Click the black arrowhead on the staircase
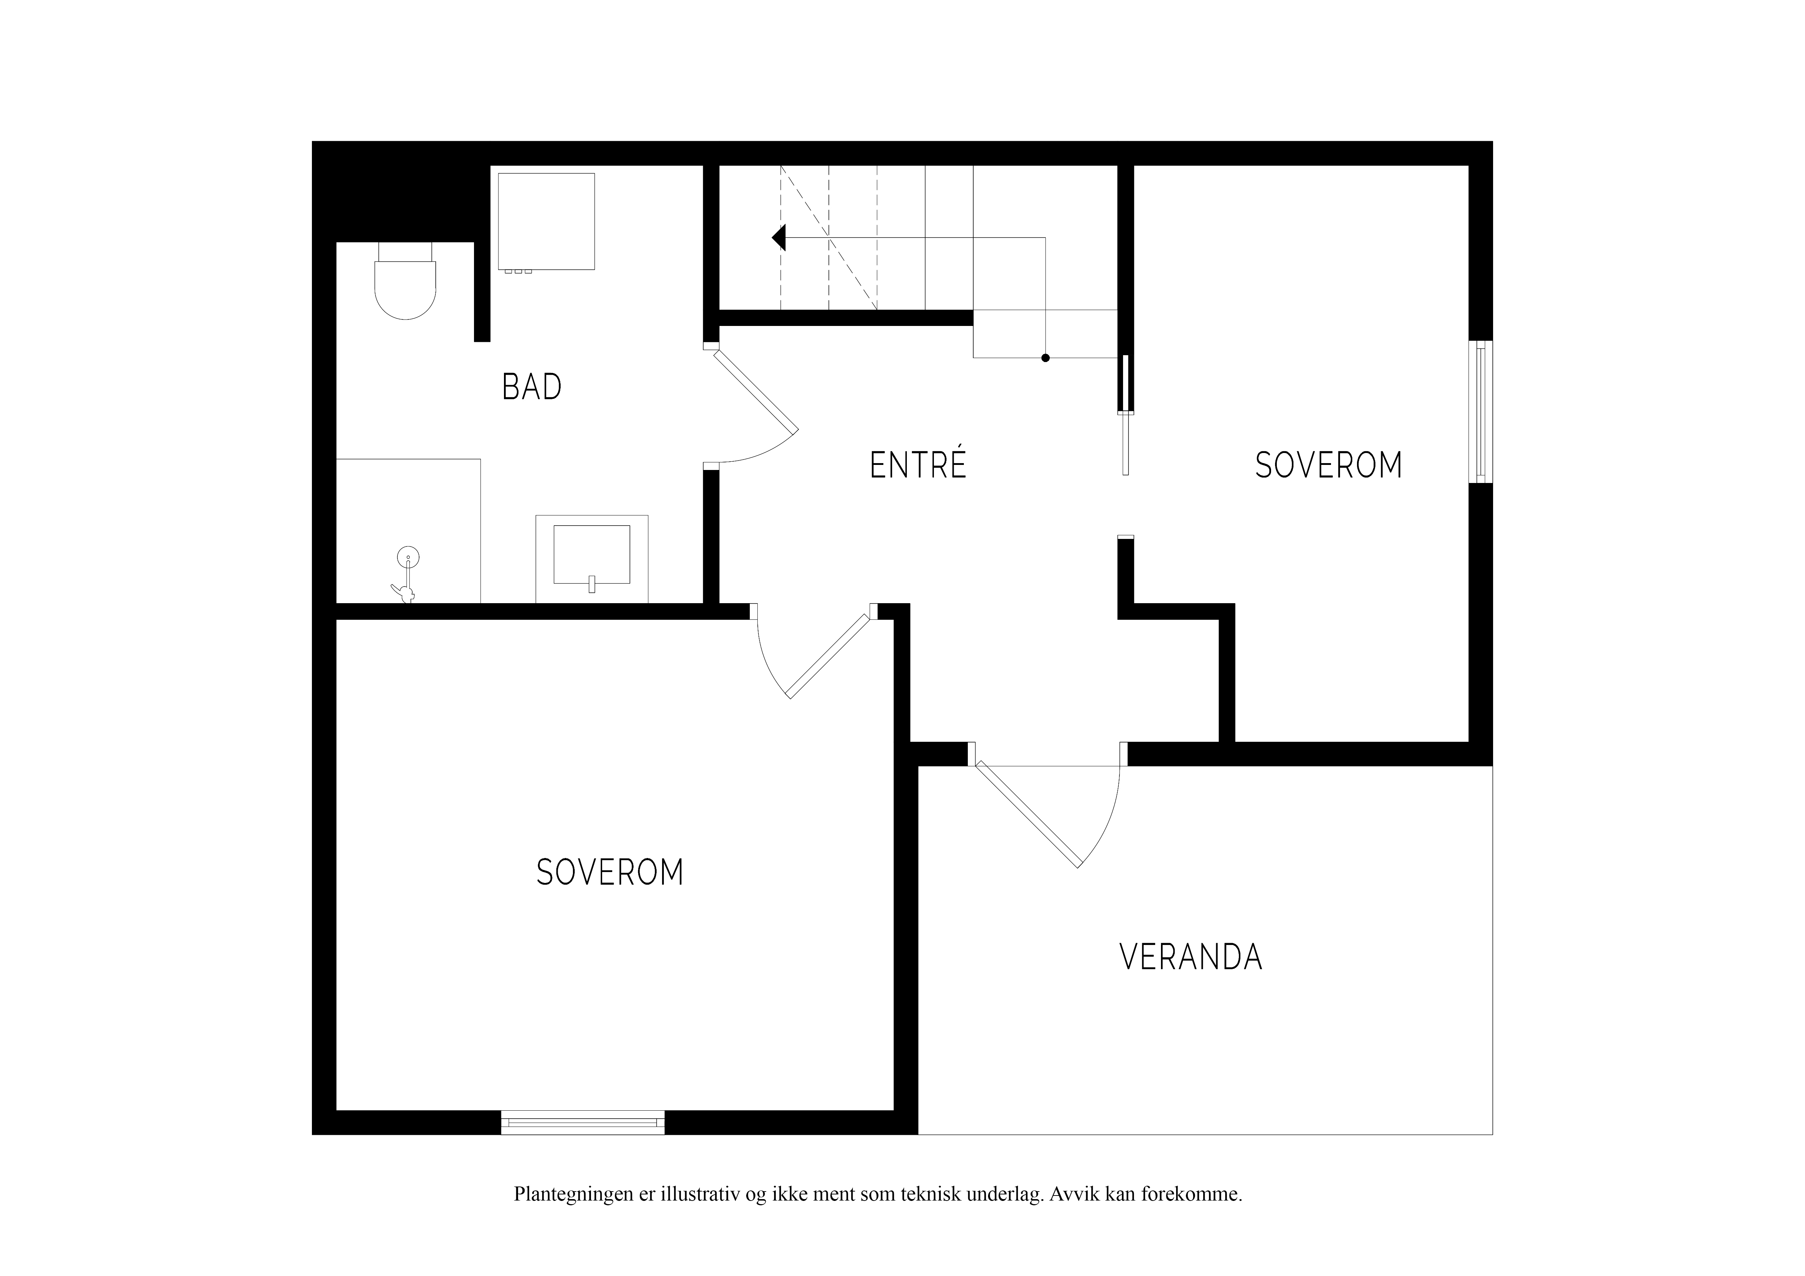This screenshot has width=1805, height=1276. pyautogui.click(x=779, y=238)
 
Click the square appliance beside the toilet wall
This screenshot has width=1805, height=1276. pyautogui.click(x=547, y=222)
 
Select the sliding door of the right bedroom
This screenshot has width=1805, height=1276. pyautogui.click(x=1126, y=415)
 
